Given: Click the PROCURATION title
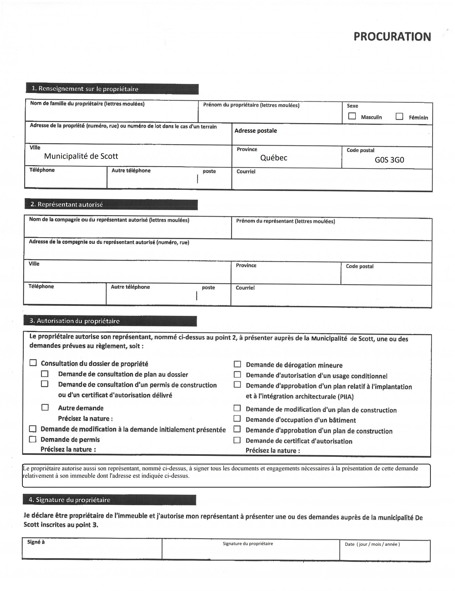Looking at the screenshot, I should click(392, 37).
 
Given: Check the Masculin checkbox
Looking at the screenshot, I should click(352, 116).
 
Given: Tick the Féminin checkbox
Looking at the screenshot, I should click(399, 116).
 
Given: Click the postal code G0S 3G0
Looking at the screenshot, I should click(389, 160).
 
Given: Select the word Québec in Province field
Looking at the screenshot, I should click(274, 158).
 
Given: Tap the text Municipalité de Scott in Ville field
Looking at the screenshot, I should click(81, 156).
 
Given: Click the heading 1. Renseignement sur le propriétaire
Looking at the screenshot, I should click(85, 89).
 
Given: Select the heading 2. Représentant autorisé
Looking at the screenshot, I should click(67, 204).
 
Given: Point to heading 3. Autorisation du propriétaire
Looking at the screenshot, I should click(74, 321).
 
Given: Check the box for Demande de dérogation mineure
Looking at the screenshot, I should click(237, 364).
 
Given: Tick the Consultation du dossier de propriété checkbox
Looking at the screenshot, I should click(33, 363).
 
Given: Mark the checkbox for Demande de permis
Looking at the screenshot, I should click(33, 439).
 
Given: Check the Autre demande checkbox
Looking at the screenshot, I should click(45, 408).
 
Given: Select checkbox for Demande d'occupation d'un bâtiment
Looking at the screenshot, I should click(237, 419).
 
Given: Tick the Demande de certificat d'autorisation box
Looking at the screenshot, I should click(237, 440).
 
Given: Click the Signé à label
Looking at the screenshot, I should click(36, 542).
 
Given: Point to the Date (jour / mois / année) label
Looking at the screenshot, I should click(372, 544).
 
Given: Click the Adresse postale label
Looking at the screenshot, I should click(255, 131).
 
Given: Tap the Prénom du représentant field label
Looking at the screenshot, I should click(285, 221).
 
